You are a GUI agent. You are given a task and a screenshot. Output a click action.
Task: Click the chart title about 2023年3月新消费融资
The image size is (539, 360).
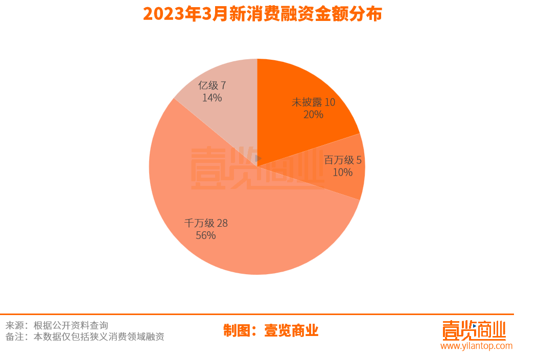point(262,14)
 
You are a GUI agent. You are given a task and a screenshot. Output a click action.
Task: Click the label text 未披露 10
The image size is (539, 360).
point(313,102)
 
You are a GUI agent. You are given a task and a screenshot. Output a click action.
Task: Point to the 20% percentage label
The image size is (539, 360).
point(313,114)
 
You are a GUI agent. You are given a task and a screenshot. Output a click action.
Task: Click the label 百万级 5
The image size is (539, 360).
point(343,160)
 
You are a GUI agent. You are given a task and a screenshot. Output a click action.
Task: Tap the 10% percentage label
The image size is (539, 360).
point(342,173)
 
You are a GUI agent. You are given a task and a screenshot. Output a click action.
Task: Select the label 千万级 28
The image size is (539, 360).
point(206,223)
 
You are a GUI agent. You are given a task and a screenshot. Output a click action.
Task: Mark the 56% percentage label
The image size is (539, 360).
point(206,235)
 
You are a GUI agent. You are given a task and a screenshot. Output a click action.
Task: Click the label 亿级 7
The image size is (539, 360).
point(212,85)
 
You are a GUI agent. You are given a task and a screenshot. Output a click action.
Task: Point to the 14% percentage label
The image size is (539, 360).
point(212,98)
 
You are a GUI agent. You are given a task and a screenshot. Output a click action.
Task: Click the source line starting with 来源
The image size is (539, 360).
point(57,325)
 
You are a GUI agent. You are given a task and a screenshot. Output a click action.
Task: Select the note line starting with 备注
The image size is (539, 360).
point(85,337)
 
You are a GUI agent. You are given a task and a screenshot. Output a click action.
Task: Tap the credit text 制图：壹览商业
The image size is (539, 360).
point(271,330)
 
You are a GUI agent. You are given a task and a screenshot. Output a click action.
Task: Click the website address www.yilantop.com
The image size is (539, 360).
point(476,346)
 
